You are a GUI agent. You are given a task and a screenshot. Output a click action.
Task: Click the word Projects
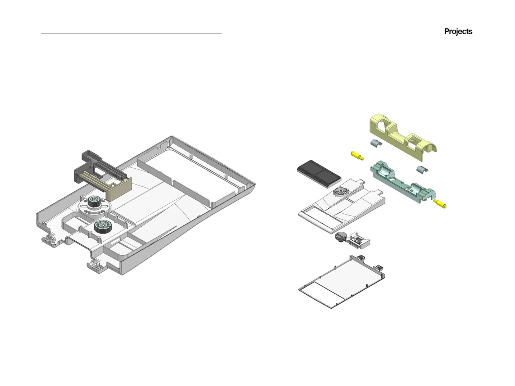point(458,32)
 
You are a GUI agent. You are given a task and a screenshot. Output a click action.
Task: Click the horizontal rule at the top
point(131,33)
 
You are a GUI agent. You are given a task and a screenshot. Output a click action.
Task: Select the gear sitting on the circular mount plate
point(94,202)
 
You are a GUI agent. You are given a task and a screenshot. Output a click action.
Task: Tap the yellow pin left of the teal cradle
point(357,156)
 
